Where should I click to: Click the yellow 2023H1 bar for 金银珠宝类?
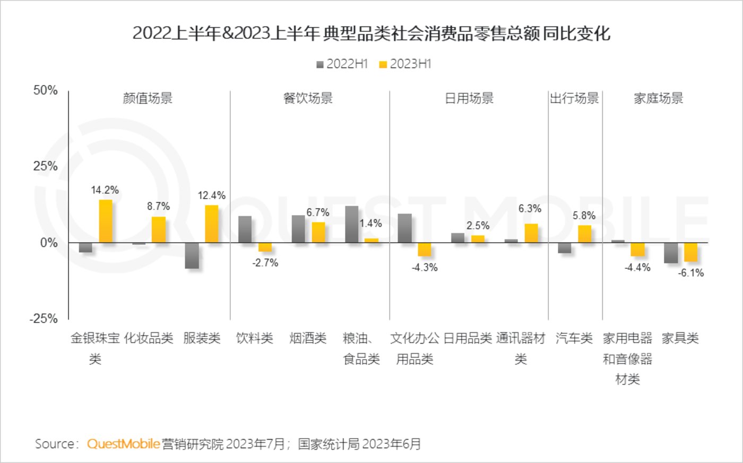pos(106,221)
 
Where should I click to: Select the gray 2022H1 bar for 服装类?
pos(192,255)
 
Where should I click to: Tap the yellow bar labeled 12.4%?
pos(212,224)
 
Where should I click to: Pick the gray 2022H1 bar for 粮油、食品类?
pos(351,224)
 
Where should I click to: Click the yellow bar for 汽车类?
pos(584,234)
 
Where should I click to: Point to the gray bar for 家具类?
pos(670,253)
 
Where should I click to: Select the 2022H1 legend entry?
pos(342,64)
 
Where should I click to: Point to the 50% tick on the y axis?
pos(45,91)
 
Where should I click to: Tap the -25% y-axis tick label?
pos(44,319)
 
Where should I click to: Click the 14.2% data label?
pos(105,190)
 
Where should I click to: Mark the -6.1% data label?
pos(691,273)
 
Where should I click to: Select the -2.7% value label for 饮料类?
pos(265,263)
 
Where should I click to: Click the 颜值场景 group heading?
pos(148,99)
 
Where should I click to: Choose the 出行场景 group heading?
pos(574,99)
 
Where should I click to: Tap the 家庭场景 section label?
pos(658,99)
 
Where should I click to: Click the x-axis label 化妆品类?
pos(149,338)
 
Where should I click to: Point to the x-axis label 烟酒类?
pos(308,338)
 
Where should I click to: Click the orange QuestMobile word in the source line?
pos(123,444)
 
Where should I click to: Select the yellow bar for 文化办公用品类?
pos(425,250)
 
